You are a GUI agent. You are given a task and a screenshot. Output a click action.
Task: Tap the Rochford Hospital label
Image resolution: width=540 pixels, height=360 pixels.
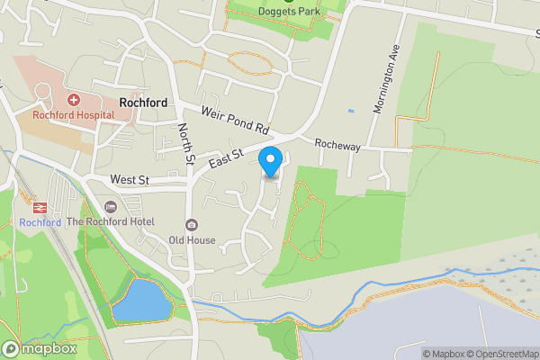73,115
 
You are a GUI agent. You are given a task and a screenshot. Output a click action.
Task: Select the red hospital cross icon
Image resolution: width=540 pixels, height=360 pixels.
73,100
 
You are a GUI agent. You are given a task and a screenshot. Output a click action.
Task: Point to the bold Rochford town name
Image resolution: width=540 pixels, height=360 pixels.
142,103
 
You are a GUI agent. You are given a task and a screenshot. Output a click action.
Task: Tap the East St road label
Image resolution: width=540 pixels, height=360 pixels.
227,159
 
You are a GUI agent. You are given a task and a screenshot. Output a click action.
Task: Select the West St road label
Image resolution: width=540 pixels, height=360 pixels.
130,180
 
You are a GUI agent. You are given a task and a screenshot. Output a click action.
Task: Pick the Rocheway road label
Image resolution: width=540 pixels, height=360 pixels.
337,144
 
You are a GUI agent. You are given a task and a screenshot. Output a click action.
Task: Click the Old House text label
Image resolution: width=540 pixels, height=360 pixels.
191,240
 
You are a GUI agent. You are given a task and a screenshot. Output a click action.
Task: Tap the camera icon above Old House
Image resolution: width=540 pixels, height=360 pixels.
191,225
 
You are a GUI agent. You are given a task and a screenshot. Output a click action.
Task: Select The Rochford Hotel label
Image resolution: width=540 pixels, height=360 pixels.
111,221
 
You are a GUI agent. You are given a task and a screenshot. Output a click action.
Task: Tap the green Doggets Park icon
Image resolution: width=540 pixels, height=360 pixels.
289,1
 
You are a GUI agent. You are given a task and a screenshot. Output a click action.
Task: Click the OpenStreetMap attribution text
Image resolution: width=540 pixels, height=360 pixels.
502,354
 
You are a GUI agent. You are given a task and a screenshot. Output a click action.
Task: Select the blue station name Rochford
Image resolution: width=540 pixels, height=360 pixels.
40,222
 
